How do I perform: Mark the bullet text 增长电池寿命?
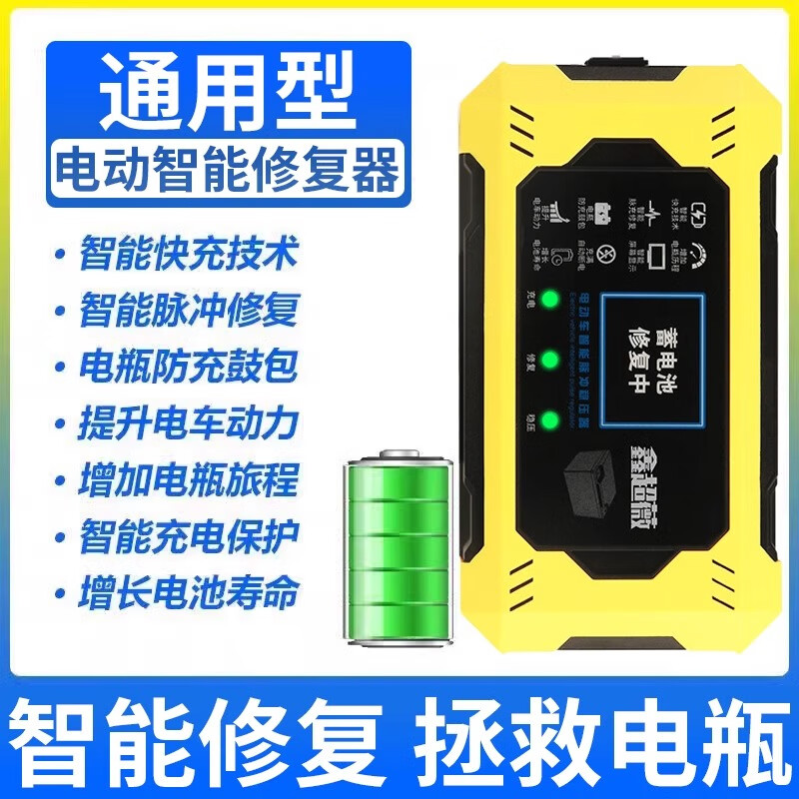(x=189, y=594)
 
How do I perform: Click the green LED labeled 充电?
(x=548, y=298)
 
